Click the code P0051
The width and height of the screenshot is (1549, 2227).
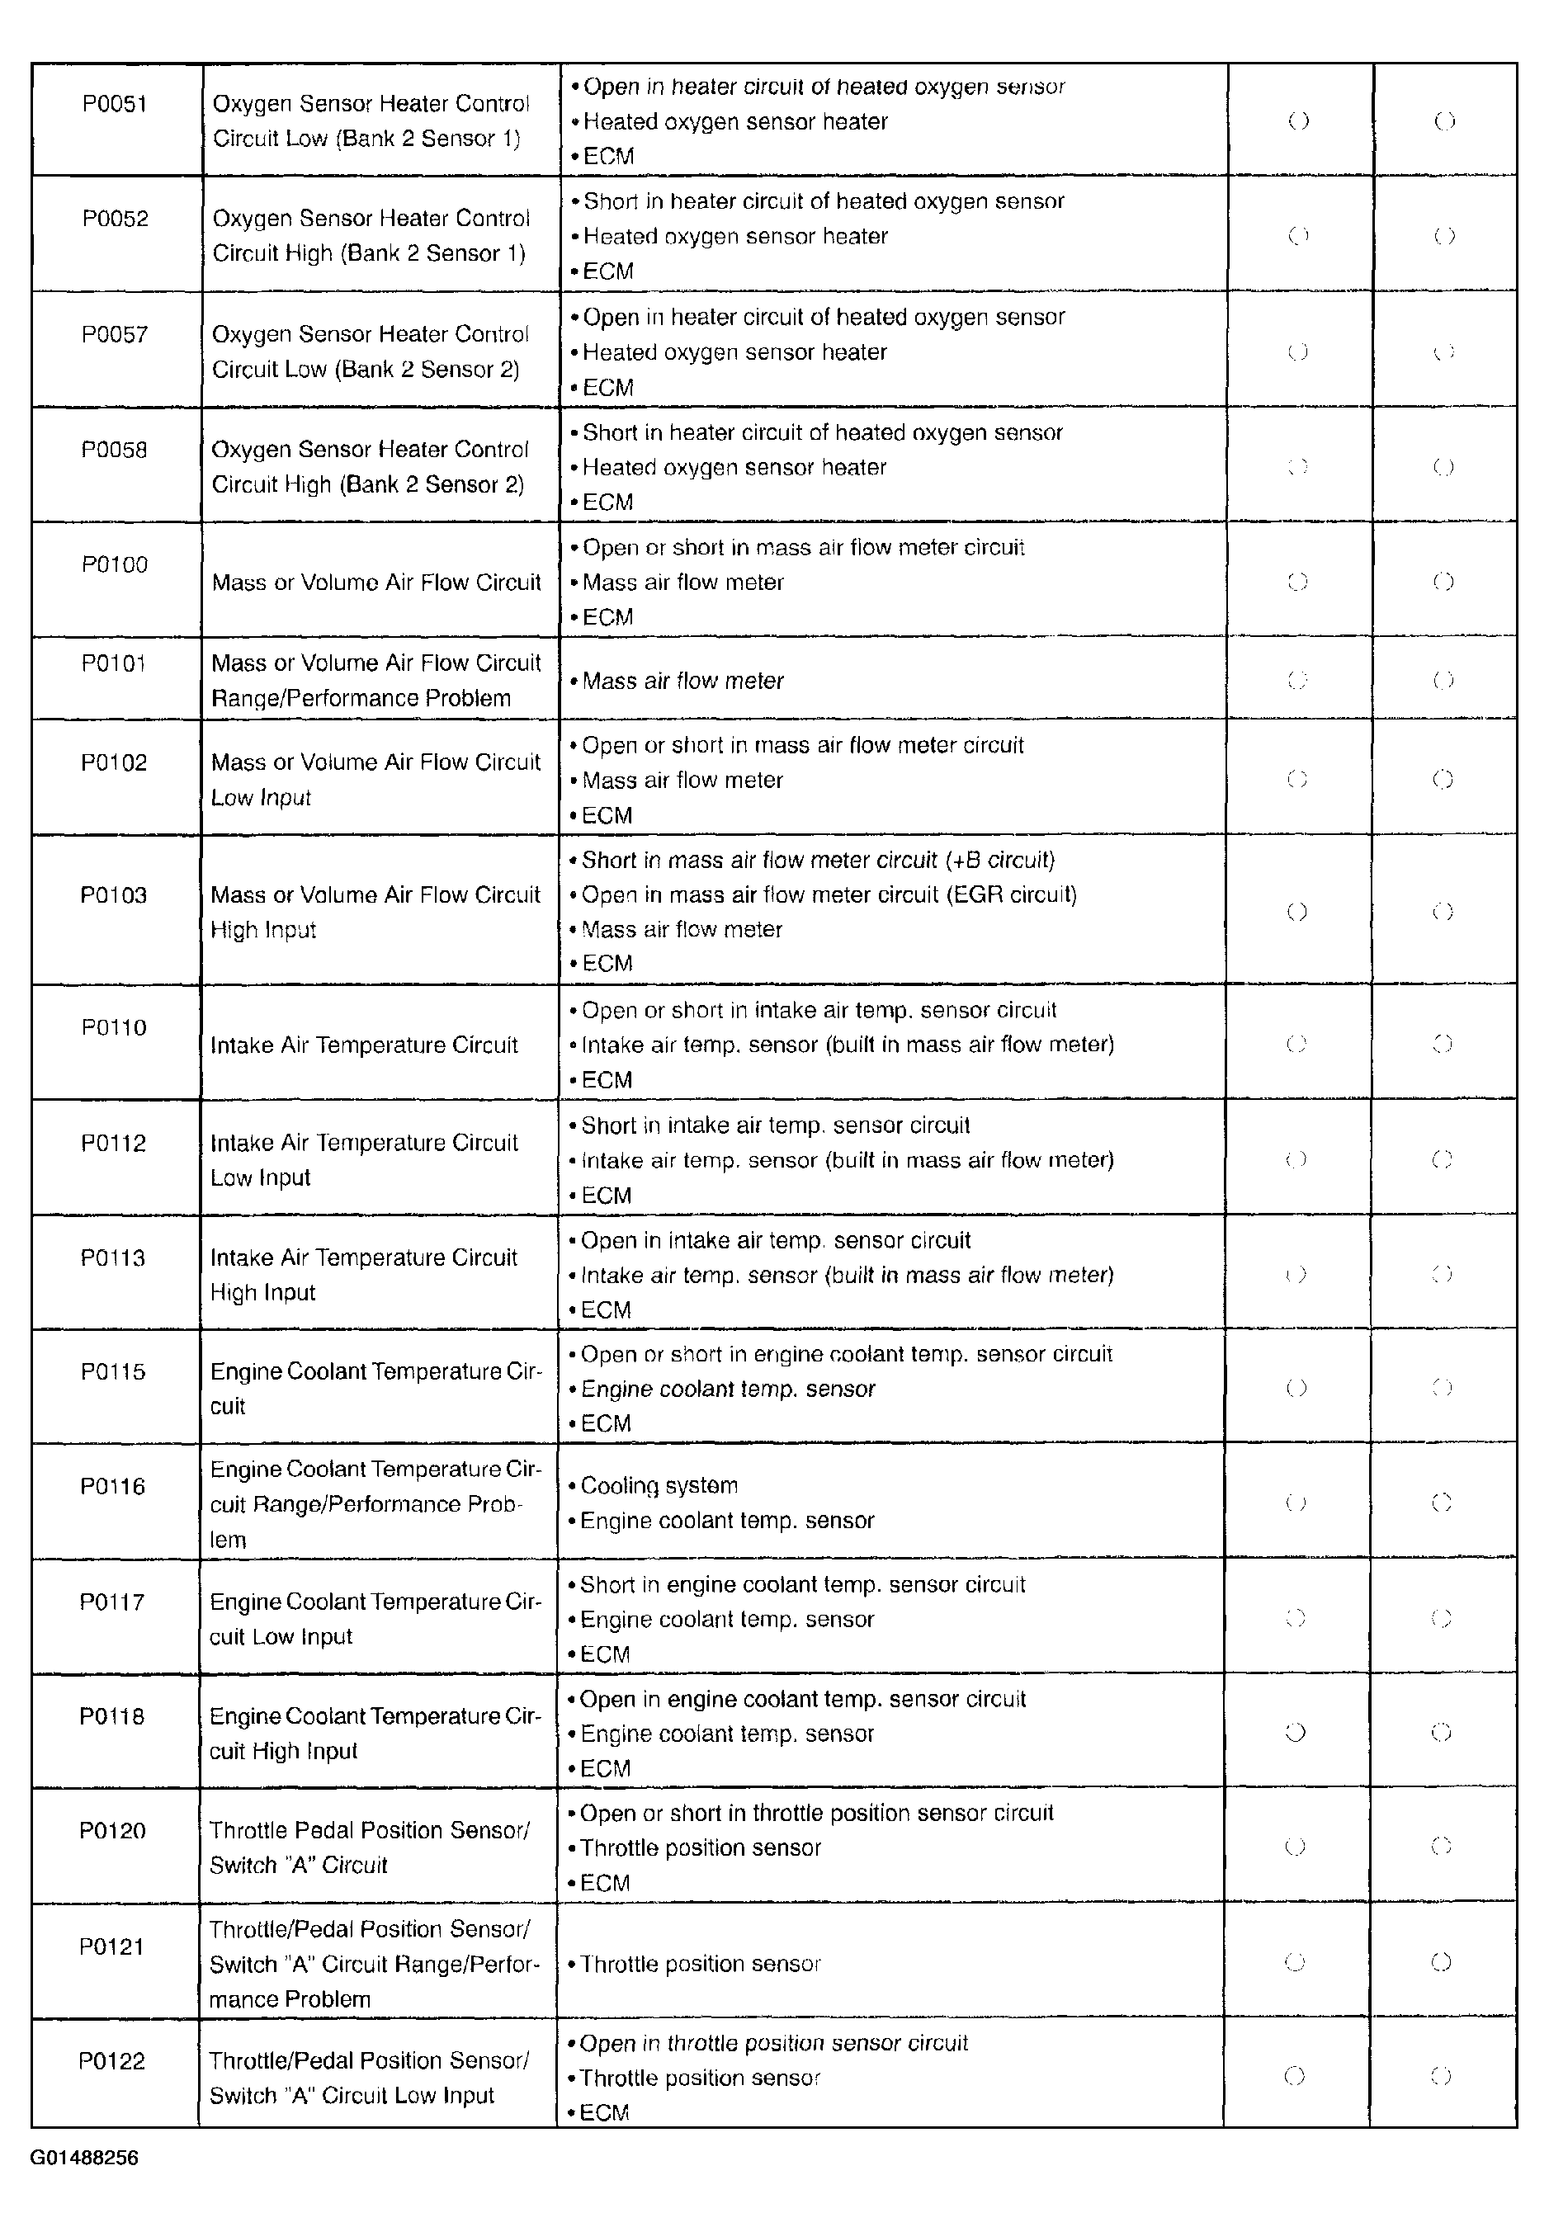[x=115, y=104]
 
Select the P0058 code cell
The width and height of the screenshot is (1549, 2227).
[x=115, y=450]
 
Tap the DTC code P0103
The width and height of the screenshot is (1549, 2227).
[x=114, y=894]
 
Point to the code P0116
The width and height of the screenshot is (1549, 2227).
[x=112, y=1486]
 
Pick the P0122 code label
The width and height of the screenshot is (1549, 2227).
[x=111, y=2060]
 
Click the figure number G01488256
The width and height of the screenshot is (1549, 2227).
[x=84, y=2159]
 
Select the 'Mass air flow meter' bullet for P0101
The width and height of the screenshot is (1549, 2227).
[x=682, y=681]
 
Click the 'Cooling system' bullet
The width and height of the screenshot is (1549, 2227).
[x=659, y=1485]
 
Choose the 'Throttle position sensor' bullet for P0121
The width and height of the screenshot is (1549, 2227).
[x=701, y=1963]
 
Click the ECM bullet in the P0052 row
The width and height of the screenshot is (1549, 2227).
[x=608, y=271]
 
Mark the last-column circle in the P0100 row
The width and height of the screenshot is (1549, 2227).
[x=1443, y=582]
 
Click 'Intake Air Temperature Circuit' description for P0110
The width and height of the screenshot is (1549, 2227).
[x=364, y=1045]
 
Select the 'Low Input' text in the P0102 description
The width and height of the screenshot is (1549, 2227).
[x=261, y=797]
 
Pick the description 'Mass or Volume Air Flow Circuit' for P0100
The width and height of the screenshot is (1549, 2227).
[x=376, y=582]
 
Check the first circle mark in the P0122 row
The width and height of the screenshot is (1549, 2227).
[x=1295, y=2076]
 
